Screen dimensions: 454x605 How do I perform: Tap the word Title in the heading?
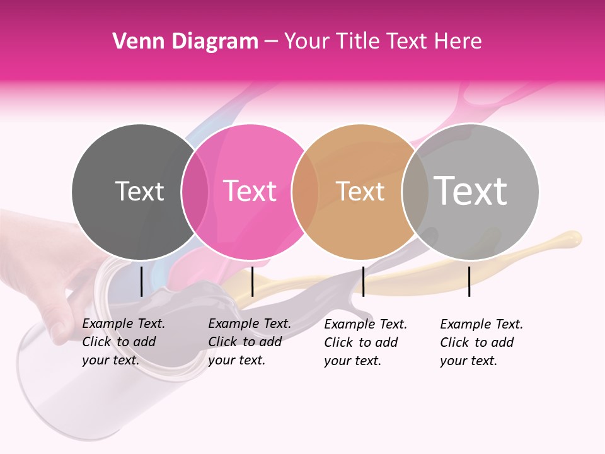tap(360, 42)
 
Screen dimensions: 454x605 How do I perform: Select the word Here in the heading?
tap(459, 42)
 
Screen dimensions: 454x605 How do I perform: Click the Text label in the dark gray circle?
tap(139, 191)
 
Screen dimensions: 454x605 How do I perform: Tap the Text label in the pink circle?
tap(250, 191)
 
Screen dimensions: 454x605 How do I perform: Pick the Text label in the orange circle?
tap(360, 191)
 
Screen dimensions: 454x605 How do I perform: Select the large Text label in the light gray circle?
tap(471, 190)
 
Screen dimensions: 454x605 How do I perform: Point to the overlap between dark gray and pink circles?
tap(195, 192)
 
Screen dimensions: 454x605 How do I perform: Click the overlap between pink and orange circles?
tap(305, 192)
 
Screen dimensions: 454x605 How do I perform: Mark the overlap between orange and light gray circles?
tap(415, 192)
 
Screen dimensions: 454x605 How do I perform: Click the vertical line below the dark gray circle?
tap(141, 281)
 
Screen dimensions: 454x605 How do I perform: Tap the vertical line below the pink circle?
tap(252, 281)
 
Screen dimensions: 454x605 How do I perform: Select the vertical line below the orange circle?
tap(363, 281)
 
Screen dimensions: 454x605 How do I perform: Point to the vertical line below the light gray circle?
tap(469, 281)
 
